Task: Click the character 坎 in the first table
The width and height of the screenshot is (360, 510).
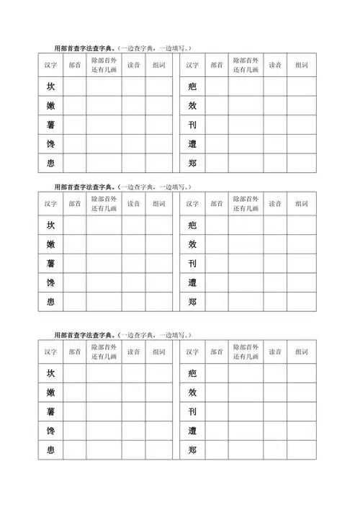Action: tap(50, 86)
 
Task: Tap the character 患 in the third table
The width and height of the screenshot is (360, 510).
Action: tap(50, 450)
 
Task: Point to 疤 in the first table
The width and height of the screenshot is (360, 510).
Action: tap(192, 86)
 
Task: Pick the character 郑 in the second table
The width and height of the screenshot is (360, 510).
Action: tap(192, 302)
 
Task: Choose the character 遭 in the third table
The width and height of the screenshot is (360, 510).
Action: tap(192, 431)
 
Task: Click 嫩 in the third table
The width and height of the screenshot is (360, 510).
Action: tap(50, 393)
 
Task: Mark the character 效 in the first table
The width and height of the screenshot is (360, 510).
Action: tap(192, 105)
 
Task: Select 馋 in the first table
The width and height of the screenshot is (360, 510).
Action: tap(50, 144)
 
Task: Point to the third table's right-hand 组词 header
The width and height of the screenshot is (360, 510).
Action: tap(301, 352)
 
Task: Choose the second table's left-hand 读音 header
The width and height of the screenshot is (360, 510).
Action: tap(133, 204)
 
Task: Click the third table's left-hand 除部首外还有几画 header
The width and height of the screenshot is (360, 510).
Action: tap(104, 352)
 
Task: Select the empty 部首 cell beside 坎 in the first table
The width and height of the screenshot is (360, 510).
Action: tap(75, 86)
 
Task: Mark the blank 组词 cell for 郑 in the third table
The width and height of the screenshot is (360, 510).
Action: tap(301, 450)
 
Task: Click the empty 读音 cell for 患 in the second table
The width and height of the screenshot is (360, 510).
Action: tap(133, 302)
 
